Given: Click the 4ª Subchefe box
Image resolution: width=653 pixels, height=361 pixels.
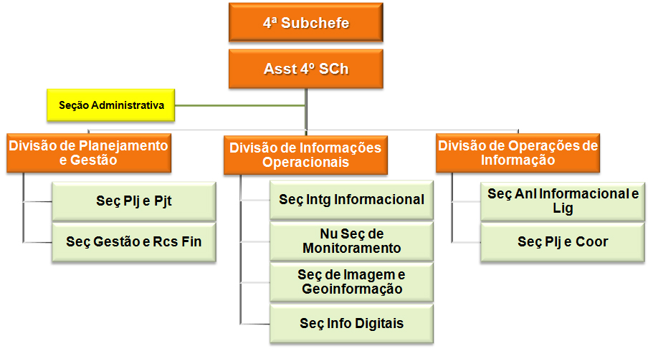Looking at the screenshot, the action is (x=305, y=22).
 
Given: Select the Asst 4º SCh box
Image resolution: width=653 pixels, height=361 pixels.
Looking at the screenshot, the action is (x=305, y=69).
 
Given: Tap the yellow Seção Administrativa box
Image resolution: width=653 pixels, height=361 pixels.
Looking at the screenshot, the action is (x=111, y=105).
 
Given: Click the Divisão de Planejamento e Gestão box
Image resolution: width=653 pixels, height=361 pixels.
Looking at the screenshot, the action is (x=89, y=153).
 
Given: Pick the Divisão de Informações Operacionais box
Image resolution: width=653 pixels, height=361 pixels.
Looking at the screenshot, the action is (x=305, y=155).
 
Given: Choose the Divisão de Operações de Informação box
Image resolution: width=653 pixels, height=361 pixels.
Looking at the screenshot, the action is (x=518, y=153).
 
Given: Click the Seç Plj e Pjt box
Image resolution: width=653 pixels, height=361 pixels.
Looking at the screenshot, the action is (x=133, y=201).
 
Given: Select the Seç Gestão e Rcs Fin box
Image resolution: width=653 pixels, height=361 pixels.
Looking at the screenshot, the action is (x=133, y=242).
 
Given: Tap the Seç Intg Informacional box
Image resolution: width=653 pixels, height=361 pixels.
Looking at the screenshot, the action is (x=351, y=200).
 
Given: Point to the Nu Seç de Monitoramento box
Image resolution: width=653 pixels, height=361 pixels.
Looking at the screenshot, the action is (x=351, y=241).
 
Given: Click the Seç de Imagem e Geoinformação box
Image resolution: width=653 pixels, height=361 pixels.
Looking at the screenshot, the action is (x=351, y=282).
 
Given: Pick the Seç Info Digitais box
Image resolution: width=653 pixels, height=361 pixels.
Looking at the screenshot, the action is (x=351, y=324).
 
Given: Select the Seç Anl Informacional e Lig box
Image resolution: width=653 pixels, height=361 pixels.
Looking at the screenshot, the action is (x=563, y=201).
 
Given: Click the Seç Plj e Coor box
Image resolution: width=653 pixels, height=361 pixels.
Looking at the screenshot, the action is (x=563, y=242).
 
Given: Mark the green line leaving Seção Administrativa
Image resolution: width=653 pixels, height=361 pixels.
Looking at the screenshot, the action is (x=240, y=106).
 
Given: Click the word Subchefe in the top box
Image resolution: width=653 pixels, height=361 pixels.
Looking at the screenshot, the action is (x=315, y=23).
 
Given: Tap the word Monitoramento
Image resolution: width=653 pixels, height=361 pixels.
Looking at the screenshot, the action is (x=352, y=248).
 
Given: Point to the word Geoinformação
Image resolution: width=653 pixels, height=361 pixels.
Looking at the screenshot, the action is (x=353, y=289).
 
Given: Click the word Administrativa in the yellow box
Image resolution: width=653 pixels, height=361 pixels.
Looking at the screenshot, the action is (x=128, y=105).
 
